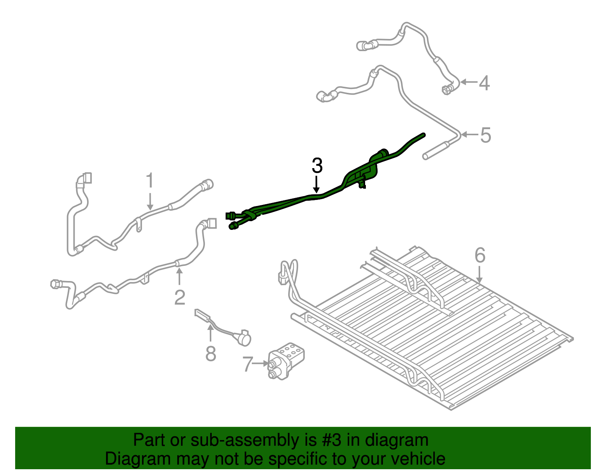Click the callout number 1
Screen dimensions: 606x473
[x=150, y=180]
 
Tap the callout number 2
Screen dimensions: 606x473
[x=180, y=297]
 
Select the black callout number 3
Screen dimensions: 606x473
[x=317, y=165]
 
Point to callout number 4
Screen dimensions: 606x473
[x=484, y=83]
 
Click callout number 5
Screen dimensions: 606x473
[x=486, y=135]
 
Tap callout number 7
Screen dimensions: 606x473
[x=248, y=364]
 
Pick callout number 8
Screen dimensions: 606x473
[x=211, y=353]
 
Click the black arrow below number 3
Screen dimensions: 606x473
[x=316, y=184]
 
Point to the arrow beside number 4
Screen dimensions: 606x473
[x=469, y=82]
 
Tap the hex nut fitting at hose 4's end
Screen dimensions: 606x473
[x=447, y=90]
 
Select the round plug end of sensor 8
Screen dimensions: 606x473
[x=244, y=339]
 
